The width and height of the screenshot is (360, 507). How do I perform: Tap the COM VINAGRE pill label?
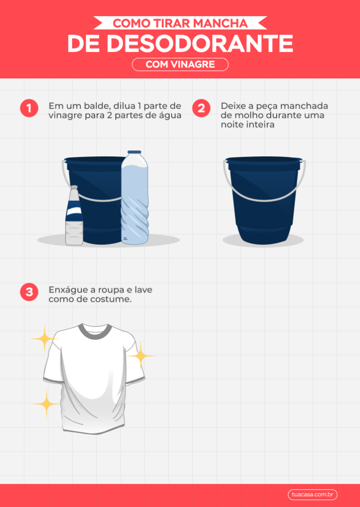click(x=180, y=65)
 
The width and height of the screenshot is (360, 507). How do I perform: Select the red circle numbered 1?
click(x=29, y=108)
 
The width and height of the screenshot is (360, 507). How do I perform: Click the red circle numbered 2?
click(x=201, y=108)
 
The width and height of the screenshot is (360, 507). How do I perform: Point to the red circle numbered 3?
click(x=29, y=292)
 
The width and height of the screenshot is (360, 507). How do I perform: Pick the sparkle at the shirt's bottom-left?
click(x=46, y=404)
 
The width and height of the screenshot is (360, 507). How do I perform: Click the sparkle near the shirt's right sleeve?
click(x=141, y=355)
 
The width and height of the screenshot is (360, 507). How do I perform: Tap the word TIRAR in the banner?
click(x=171, y=23)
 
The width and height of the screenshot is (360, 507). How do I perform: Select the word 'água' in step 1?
click(x=170, y=115)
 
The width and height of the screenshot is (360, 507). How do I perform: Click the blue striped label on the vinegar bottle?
click(x=74, y=211)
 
